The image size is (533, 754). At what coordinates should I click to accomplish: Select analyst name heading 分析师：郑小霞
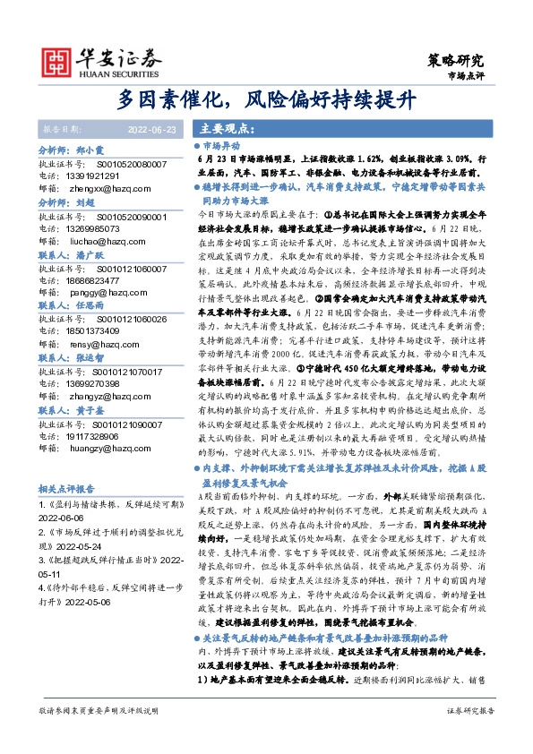tap(72, 151)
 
